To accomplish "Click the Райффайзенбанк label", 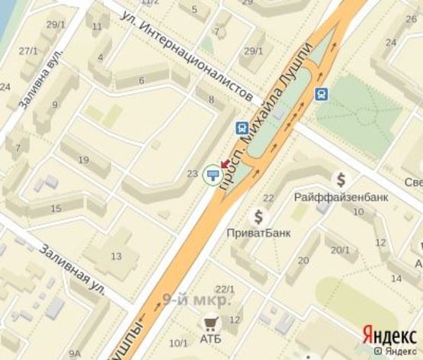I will click(x=341, y=197).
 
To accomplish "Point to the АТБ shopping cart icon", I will click(x=209, y=323).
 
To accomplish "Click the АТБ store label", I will click(x=210, y=339).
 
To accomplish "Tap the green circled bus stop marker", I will click(x=211, y=176).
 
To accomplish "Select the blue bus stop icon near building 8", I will click(x=242, y=128).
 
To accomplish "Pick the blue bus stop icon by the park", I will click(x=322, y=94).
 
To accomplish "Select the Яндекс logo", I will click(x=389, y=333).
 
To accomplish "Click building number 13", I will click(x=116, y=256).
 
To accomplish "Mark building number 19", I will click(x=84, y=160).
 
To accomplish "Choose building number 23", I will click(x=192, y=174).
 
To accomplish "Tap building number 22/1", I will click(x=224, y=289).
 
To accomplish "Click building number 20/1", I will click(x=340, y=249).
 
